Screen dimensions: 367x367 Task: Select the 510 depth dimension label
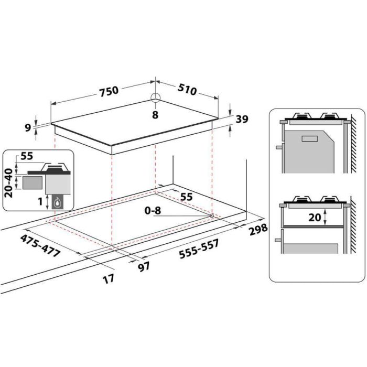click(x=187, y=91)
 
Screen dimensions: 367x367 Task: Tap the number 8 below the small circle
click(x=155, y=115)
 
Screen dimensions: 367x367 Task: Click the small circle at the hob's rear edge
click(x=155, y=98)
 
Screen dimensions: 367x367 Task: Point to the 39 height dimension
click(x=242, y=120)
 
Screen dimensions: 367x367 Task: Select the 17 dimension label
click(x=108, y=279)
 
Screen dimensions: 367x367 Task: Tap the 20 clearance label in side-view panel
click(x=316, y=217)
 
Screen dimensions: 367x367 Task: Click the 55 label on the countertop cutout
click(x=186, y=197)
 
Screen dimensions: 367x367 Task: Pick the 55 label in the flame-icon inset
click(x=27, y=156)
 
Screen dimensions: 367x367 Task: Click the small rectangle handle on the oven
click(x=309, y=138)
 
